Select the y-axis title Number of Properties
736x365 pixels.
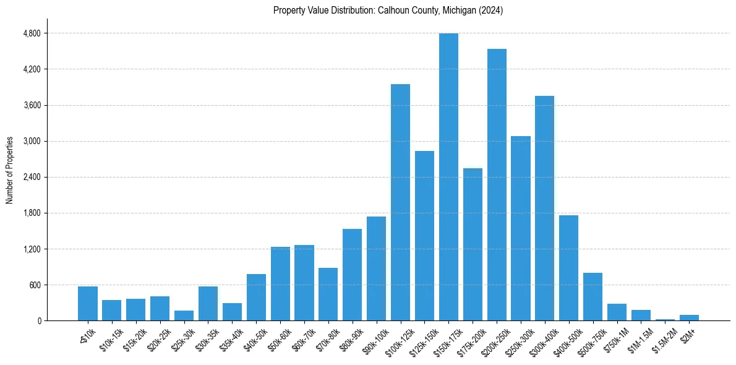pyautogui.click(x=10, y=170)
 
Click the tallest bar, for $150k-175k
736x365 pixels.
pyautogui.click(x=448, y=177)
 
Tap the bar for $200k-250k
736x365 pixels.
pyautogui.click(x=497, y=184)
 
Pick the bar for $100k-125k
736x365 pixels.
pyautogui.click(x=400, y=202)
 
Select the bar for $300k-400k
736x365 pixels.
pyautogui.click(x=544, y=208)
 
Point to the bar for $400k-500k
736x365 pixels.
pyautogui.click(x=568, y=268)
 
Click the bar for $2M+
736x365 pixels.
pyautogui.click(x=689, y=317)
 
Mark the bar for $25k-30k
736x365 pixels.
pyautogui.click(x=184, y=316)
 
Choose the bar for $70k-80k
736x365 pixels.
pyautogui.click(x=328, y=294)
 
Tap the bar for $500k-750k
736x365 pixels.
pyautogui.click(x=593, y=296)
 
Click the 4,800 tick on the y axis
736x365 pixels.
pyautogui.click(x=32, y=33)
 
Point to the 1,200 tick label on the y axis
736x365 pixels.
pyautogui.click(x=32, y=249)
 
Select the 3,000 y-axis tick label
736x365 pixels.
pyautogui.click(x=32, y=141)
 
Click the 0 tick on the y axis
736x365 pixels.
pyautogui.click(x=38, y=321)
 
